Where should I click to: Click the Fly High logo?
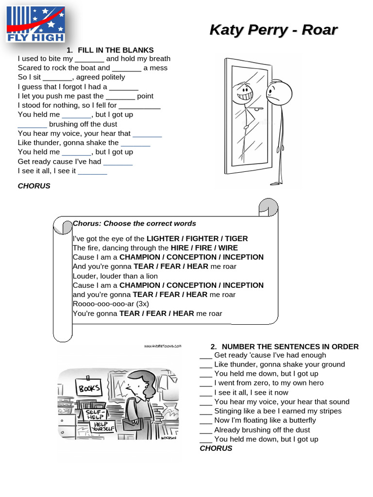pos(35,24)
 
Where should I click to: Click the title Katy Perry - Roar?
pos(273,30)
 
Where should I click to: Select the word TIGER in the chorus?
pos(236,238)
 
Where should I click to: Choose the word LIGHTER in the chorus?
pos(163,238)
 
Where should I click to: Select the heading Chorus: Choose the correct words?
pos(134,223)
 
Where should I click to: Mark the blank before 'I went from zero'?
pos(206,383)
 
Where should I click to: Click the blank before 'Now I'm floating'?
pos(206,420)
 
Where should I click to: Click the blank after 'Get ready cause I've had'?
pos(118,162)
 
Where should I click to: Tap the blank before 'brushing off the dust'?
pos(32,125)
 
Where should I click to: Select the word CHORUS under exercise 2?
pos(216,448)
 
